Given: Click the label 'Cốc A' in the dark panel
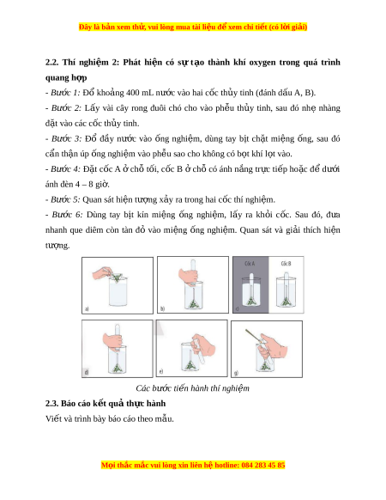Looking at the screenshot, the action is (250, 264).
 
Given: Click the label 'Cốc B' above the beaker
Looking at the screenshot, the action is (286, 264).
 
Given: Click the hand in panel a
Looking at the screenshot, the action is (103, 274).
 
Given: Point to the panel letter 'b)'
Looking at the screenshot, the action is (162, 308).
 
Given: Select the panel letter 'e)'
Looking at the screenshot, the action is (161, 371).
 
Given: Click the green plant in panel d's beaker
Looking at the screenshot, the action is (117, 369).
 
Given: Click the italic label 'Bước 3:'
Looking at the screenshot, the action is (67, 138).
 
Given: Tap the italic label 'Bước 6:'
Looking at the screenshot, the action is (67, 215).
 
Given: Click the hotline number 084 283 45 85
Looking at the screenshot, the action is (263, 465).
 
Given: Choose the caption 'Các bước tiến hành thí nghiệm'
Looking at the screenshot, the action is (192, 388).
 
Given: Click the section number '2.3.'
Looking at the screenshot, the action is (51, 404).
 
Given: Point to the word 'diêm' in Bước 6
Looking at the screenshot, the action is (93, 230).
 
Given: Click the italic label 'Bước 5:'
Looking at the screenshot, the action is (65, 199).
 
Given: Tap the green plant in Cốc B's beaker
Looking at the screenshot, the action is (286, 302).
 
